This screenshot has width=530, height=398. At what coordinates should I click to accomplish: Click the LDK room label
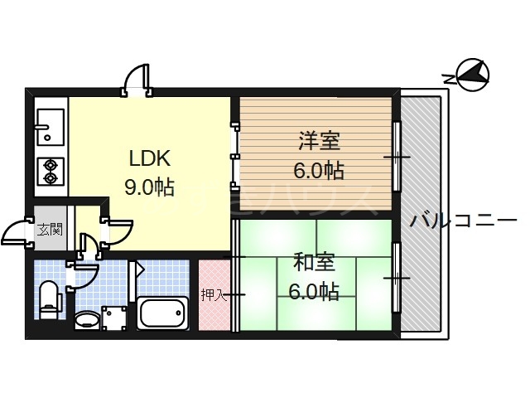(149, 158)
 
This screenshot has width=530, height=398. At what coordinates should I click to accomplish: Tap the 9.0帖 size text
(149, 187)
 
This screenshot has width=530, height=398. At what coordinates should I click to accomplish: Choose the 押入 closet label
(212, 295)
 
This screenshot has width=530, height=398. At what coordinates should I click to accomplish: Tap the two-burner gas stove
(50, 171)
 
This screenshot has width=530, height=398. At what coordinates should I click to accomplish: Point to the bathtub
(164, 314)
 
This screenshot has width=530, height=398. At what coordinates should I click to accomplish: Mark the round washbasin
(86, 319)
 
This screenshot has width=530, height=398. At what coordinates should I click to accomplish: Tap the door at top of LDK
(136, 80)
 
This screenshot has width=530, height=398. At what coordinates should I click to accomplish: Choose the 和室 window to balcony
(396, 278)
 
